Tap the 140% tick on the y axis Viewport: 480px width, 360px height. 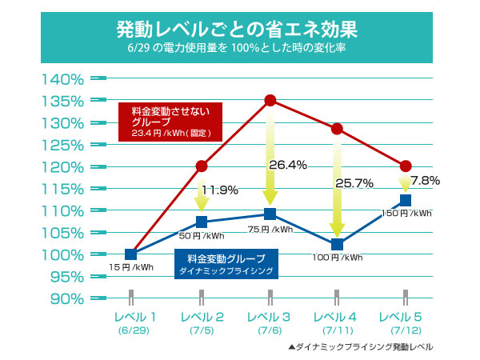click(x=62, y=78)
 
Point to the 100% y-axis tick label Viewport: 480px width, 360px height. click(x=62, y=254)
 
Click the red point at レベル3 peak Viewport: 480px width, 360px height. click(x=270, y=100)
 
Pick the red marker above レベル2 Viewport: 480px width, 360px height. click(x=202, y=166)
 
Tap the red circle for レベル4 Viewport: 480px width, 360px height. click(x=337, y=129)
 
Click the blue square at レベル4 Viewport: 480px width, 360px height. click(x=337, y=245)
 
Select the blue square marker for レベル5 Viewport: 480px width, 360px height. click(x=405, y=200)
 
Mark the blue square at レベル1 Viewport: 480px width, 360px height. click(x=132, y=254)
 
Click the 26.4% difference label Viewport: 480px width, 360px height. click(x=288, y=166)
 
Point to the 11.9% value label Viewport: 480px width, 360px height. click(x=221, y=190)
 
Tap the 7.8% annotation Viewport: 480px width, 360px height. click(x=425, y=181)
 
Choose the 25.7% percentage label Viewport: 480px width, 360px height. click(x=355, y=183)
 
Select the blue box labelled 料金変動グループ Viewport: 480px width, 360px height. click(x=226, y=263)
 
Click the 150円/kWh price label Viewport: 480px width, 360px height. click(x=406, y=214)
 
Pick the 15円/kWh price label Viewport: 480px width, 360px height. click(x=132, y=266)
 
